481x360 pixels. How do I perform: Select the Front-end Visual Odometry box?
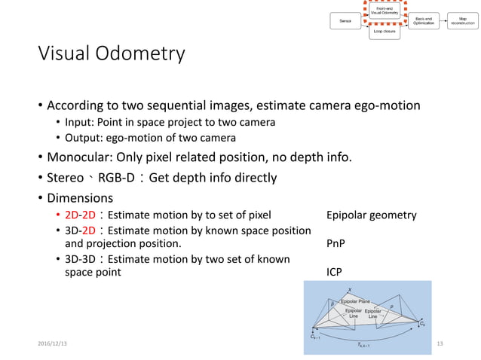pos(384,11)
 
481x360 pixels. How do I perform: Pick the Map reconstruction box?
pos(462,21)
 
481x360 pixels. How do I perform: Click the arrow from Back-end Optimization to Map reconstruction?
pos(443,21)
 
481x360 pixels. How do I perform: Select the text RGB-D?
pos(121,178)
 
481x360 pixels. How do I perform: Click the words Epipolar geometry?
pos(371,215)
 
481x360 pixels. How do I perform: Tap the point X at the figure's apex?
pos(349,288)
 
